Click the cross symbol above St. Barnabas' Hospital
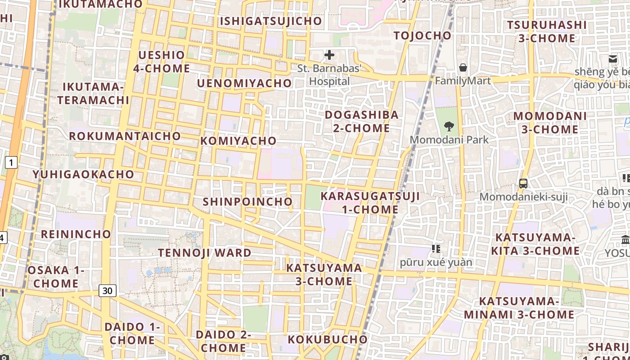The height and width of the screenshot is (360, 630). point(329,55)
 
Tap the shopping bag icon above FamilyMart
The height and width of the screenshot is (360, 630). point(463,68)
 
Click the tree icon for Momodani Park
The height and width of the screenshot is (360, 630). point(449,126)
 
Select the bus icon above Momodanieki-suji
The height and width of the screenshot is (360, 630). point(523,183)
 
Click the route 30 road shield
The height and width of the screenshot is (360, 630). point(107,291)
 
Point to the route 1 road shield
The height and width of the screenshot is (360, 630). point(11,162)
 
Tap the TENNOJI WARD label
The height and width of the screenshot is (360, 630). point(204,253)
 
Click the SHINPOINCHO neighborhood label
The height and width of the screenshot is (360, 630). point(247,202)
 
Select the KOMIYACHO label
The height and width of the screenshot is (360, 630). point(238,141)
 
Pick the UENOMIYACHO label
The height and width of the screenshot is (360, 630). point(244,83)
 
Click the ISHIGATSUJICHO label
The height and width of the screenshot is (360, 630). point(271,21)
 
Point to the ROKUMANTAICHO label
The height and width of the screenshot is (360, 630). point(125,136)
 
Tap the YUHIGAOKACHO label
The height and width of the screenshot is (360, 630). point(83,174)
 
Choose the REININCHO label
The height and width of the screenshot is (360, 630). point(76,234)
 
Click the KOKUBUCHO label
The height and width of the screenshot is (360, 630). point(328,339)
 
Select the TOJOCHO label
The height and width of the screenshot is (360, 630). point(422,36)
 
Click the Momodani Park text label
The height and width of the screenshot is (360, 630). point(449,140)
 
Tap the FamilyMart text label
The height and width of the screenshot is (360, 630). point(463,81)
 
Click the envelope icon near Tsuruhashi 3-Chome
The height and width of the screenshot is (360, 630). point(612,58)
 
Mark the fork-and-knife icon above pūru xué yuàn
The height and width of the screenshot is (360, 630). point(436,248)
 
